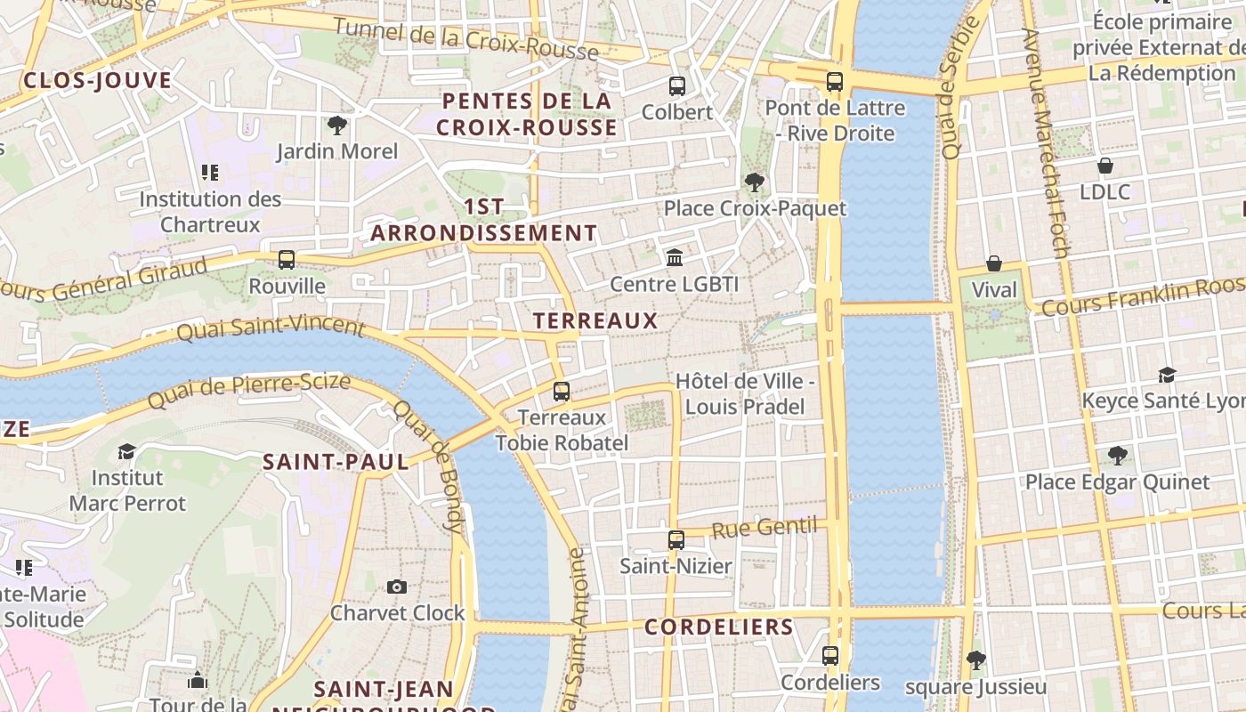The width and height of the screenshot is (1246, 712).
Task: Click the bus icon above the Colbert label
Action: point(676,86)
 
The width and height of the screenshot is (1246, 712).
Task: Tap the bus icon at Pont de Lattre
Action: point(834,82)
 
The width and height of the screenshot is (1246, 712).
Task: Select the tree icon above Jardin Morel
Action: point(336,125)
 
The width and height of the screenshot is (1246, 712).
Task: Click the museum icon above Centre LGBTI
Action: point(675,258)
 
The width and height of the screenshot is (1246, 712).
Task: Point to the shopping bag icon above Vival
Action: point(993,264)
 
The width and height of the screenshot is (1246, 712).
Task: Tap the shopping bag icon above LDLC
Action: point(1104,166)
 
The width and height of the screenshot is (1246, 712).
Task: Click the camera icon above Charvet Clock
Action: point(397,587)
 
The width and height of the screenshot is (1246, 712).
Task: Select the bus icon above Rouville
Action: point(286,260)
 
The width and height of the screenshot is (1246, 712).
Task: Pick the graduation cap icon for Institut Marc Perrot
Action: point(126,451)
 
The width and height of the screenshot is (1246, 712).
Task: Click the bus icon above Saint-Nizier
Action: point(676,539)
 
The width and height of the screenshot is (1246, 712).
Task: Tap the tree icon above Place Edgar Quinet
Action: point(1117,456)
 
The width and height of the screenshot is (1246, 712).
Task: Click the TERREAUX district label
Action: point(595,321)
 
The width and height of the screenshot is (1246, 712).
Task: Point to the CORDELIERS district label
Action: point(718,627)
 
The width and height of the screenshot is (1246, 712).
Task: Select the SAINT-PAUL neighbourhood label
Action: point(336,462)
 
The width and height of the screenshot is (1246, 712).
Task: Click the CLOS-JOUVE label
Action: point(97,81)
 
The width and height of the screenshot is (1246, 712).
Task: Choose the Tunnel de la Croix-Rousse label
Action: point(465,38)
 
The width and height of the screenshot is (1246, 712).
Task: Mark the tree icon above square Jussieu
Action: point(975,659)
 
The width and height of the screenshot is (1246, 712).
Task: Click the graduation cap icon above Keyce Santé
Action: point(1167,375)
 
